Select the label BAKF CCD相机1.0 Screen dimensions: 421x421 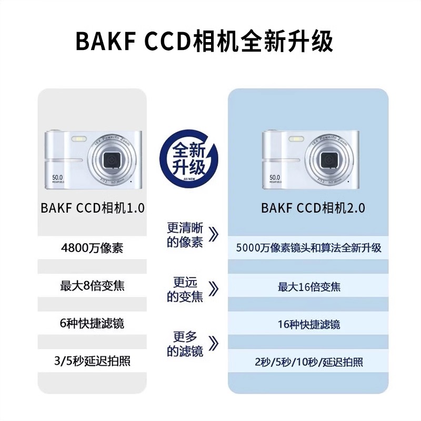92,207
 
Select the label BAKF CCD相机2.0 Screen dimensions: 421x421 313,207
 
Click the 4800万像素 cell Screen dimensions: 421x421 92,248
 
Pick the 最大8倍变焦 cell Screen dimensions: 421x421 92,286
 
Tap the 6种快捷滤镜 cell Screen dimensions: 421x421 92,323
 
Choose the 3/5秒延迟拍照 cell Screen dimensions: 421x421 92,361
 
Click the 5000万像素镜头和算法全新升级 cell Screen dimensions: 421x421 309,248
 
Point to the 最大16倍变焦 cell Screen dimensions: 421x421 309,287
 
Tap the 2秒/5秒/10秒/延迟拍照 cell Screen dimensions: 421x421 309,363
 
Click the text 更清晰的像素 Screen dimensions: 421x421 185,235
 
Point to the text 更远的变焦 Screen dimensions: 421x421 185,289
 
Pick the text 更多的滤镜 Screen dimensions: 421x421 185,344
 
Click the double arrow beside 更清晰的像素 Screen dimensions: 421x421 213,235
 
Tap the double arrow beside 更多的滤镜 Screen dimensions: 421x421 213,344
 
